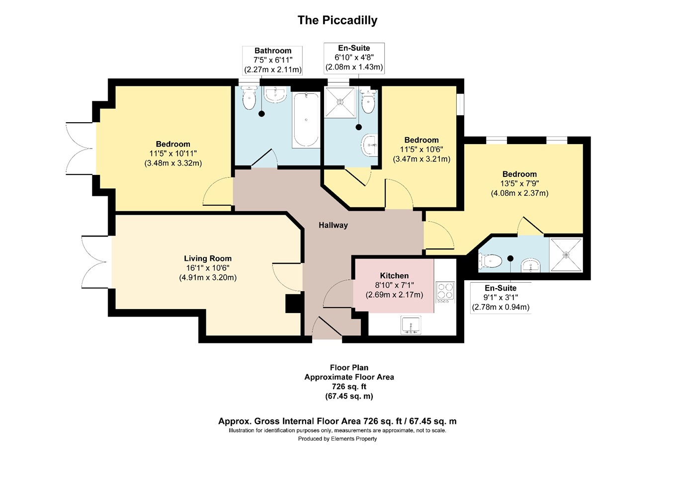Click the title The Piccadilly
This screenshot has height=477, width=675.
[337, 20]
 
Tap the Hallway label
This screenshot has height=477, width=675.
[333, 225]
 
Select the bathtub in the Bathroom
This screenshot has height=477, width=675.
[306, 120]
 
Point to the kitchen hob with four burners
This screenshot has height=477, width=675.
[445, 292]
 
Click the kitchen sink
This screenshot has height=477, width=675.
[411, 325]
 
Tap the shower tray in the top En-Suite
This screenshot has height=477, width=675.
[340, 102]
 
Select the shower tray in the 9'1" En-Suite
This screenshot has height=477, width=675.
[566, 255]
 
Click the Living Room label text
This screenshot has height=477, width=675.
[208, 258]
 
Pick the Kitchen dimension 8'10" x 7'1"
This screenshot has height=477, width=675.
[394, 285]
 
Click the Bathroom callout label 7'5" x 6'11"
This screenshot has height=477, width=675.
[273, 60]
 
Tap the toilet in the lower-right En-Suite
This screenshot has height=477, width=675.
[491, 261]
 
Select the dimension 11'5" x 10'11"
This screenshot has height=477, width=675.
[173, 154]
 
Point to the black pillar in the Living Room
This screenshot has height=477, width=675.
[293, 304]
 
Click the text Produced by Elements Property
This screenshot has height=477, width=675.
[337, 439]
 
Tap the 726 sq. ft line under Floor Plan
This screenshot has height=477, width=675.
[349, 387]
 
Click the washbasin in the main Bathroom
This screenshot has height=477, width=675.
[275, 94]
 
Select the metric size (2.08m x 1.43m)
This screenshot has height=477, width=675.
[354, 67]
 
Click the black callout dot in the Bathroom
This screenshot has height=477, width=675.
[261, 114]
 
